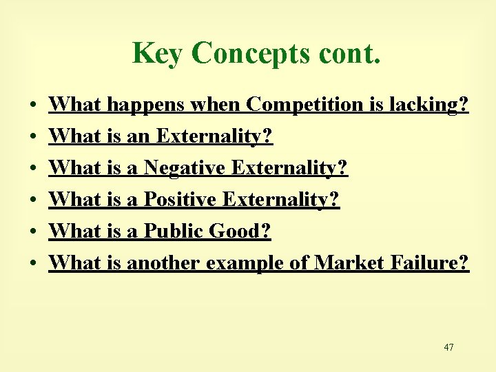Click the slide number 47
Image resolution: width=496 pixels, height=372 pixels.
(x=448, y=347)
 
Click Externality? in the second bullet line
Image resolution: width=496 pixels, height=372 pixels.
(x=214, y=136)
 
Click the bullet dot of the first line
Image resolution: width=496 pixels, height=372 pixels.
(x=33, y=106)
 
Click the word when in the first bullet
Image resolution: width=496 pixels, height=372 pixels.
(x=216, y=105)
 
